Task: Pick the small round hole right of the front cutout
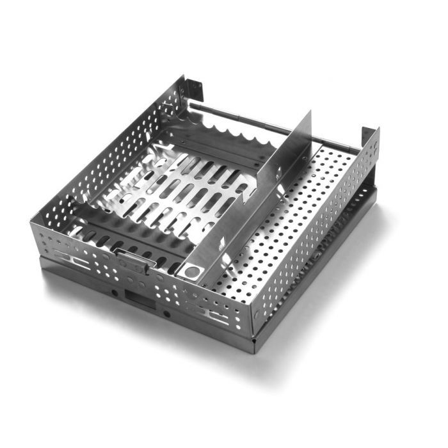[166, 314]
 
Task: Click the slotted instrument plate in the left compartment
[179, 192]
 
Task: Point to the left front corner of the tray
[40, 246]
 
